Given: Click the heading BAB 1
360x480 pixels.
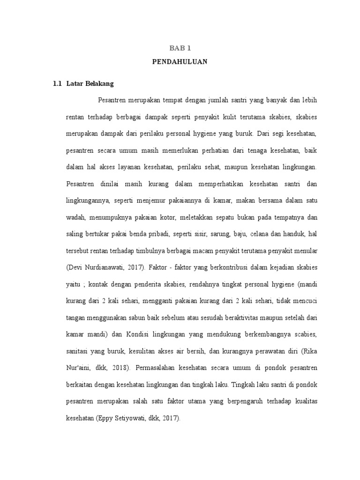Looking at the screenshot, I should [x=180, y=48].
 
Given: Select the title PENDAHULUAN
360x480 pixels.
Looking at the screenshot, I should [x=180, y=61].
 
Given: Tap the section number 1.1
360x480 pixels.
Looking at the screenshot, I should [x=57, y=84].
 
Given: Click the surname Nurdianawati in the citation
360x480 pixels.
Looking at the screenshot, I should [x=106, y=268].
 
